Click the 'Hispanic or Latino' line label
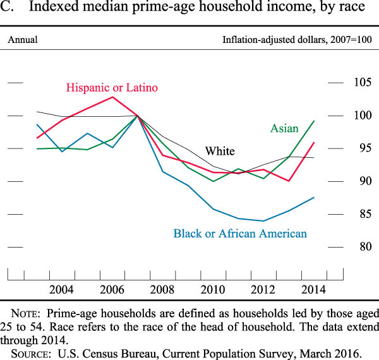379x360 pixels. [112, 88]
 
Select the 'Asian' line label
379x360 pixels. [284, 128]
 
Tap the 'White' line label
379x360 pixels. [220, 151]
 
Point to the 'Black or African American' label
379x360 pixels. [240, 234]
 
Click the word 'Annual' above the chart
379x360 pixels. [23, 40]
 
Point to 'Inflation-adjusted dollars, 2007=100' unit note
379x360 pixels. [297, 40]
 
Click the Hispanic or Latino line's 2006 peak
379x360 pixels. [112, 97]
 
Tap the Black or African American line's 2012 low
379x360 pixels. [263, 221]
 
